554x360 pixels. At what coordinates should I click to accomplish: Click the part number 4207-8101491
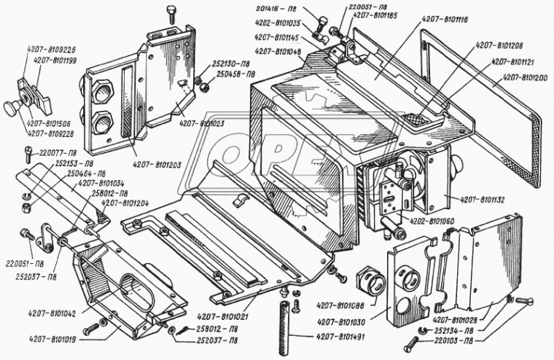pos(341,337)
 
